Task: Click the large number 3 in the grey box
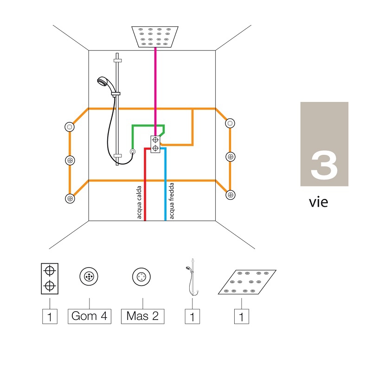(324, 165)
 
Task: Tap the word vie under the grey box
(319, 202)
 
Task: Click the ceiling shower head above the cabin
(155, 37)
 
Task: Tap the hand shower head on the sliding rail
(102, 83)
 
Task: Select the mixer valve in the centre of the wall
(155, 144)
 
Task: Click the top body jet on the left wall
(70, 127)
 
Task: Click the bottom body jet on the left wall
(70, 198)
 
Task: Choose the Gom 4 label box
(90, 316)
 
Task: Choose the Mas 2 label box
(142, 316)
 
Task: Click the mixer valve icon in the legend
(49, 279)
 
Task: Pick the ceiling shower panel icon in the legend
(247, 281)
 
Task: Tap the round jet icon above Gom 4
(89, 277)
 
